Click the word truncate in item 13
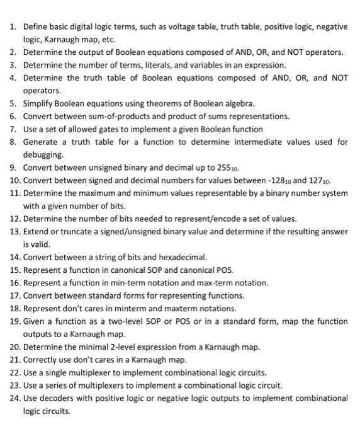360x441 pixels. (72, 232)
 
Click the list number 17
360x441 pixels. (14, 295)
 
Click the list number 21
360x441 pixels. (14, 360)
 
